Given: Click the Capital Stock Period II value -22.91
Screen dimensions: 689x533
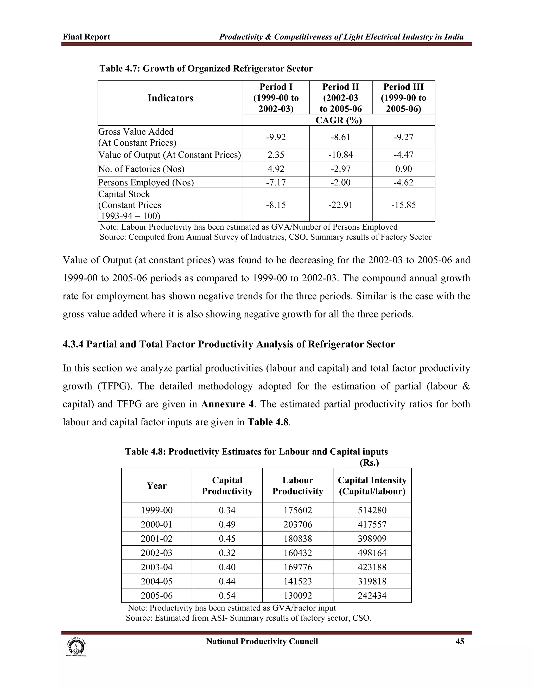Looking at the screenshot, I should tap(340, 205).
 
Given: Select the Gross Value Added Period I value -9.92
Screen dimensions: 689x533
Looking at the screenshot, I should tap(276, 137).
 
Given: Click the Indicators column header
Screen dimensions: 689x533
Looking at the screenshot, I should tap(170, 98).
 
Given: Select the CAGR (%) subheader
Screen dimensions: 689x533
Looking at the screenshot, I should tap(339, 120).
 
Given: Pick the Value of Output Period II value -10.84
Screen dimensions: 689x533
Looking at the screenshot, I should tap(340, 155).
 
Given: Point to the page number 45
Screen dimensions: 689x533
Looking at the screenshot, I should tap(460, 641).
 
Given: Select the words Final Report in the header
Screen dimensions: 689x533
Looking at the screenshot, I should tap(86, 37).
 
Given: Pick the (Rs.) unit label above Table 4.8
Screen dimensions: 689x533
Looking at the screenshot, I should tap(369, 463).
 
